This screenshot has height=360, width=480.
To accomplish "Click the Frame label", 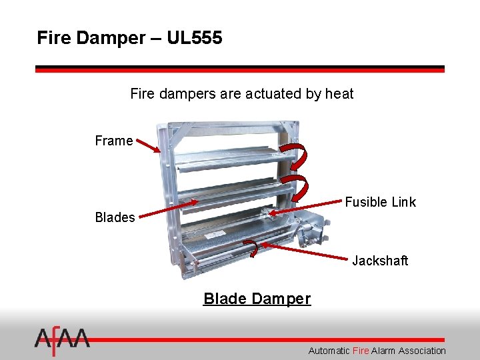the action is click(x=113, y=141).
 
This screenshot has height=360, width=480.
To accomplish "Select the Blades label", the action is click(x=115, y=217).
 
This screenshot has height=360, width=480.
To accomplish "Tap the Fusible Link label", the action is click(x=380, y=202).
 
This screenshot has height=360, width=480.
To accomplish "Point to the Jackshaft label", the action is click(x=380, y=261).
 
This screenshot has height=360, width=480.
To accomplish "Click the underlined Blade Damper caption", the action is click(x=257, y=299).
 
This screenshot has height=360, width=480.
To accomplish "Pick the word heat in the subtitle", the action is click(x=339, y=94).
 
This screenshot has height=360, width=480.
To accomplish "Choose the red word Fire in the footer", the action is click(x=361, y=351).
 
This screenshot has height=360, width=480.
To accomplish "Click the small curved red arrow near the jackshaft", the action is click(x=252, y=248).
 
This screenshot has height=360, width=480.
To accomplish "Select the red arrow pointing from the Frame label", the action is click(x=148, y=146).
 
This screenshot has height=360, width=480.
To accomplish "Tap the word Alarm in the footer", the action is click(x=383, y=351).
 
